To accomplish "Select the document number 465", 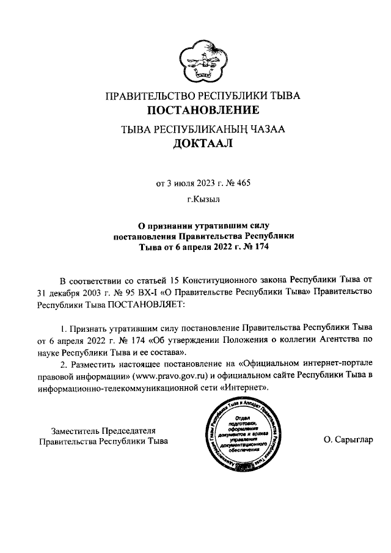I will pos(243,182).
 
